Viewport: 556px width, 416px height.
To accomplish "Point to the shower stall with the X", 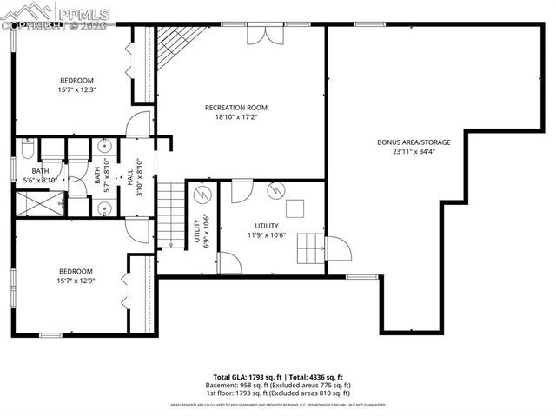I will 43,203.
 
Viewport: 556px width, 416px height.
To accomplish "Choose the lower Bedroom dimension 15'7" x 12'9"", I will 76,281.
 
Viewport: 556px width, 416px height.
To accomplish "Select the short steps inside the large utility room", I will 310,249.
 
